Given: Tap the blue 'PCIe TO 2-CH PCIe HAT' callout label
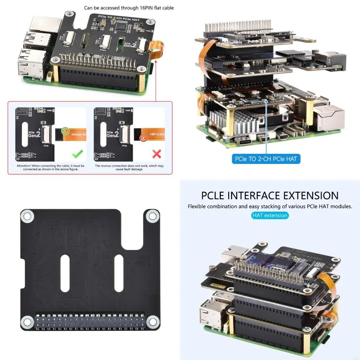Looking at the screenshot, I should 266,159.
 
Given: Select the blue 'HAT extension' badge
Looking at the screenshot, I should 270,215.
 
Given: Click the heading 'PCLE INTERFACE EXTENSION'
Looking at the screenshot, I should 270,195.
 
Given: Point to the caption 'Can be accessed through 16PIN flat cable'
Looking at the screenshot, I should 129,7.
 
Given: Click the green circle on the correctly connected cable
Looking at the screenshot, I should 65,131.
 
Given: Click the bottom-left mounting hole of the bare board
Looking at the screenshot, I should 27,321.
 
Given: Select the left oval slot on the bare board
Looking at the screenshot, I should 66,273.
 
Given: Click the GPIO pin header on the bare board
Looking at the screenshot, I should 90,321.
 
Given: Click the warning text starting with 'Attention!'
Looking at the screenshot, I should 51,167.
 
